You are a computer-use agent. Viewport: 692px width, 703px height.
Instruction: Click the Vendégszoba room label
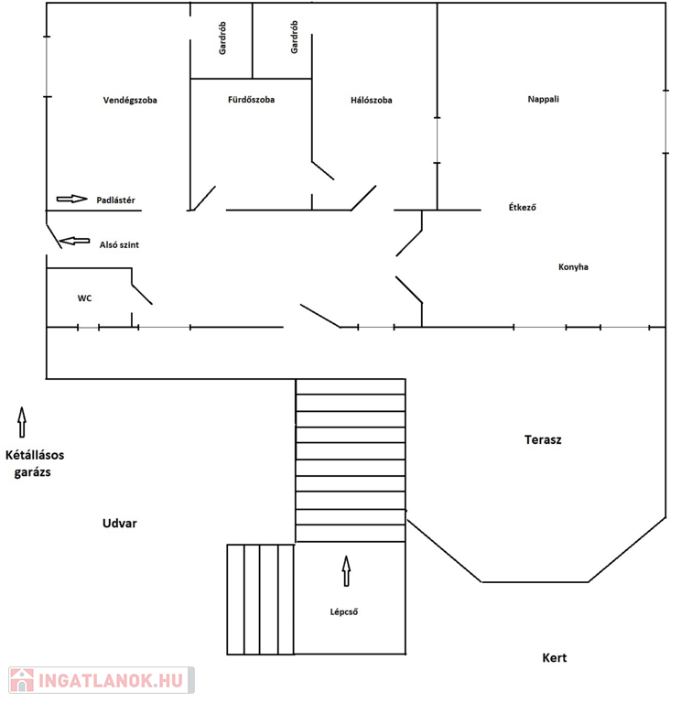pos(130,101)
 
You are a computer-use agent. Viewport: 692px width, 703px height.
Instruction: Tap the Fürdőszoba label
pos(251,100)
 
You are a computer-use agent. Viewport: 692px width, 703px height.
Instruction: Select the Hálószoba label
pos(371,100)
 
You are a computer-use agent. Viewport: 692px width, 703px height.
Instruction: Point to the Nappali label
pos(543,99)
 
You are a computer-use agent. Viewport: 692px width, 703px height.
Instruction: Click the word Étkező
pos(522,207)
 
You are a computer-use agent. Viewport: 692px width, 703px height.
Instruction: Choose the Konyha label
pos(573,267)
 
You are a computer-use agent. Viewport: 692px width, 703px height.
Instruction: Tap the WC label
pos(84,298)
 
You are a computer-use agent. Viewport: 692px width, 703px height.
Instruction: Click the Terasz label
pos(543,439)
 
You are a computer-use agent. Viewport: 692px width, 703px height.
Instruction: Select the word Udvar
pos(120,524)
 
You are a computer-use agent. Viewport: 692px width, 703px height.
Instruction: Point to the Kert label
pos(555,658)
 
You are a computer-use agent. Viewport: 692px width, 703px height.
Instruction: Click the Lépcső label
pos(344,612)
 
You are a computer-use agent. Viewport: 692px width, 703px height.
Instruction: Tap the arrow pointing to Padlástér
pos(71,199)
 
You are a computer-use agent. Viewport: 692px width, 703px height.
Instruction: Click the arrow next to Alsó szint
pos(74,242)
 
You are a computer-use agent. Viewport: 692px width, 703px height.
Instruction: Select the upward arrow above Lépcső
pos(346,571)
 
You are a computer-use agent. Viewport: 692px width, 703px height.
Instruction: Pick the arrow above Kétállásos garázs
pos(22,422)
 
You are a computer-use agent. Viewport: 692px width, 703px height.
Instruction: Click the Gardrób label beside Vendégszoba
pos(222,38)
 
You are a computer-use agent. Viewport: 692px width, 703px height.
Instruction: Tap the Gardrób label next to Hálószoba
pos(294,38)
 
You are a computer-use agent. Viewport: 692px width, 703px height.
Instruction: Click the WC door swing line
pos(142,294)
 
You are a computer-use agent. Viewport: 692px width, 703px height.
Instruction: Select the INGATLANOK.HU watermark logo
pos(102,680)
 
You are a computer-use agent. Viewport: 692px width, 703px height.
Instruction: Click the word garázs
pos(32,472)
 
